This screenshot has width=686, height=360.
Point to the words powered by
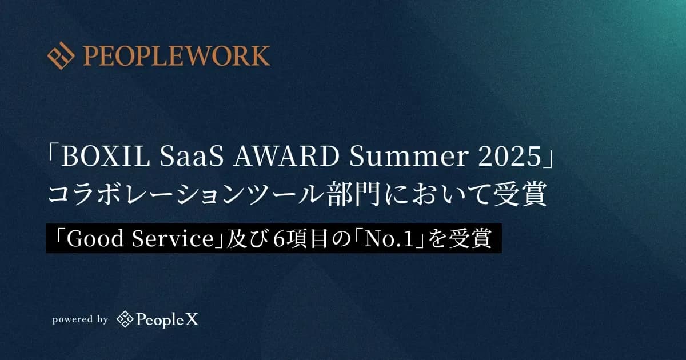point(80,320)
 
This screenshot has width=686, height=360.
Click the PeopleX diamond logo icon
point(125,319)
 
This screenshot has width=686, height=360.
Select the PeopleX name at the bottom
point(167,320)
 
